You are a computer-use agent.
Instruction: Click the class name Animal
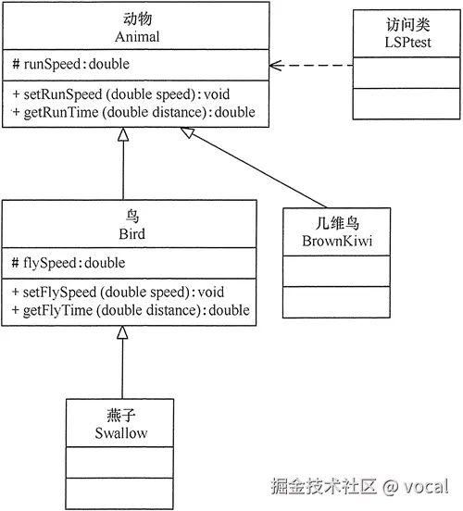136,37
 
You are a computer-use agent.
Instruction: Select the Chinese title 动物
136,19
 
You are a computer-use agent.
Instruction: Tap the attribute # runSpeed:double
70,65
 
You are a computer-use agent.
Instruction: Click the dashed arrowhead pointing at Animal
275,66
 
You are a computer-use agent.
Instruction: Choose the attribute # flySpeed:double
69,263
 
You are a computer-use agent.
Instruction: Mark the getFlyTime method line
131,310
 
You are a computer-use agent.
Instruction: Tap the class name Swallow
120,432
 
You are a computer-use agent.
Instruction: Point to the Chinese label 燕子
120,415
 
